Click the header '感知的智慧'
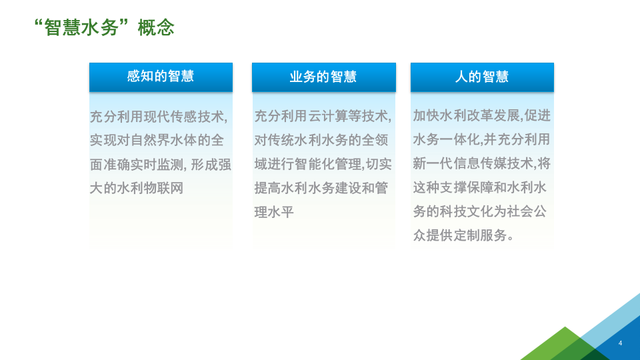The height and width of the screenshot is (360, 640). [x=161, y=76]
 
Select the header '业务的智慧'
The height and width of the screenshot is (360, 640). [x=323, y=77]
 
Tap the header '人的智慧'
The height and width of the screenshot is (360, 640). [x=482, y=77]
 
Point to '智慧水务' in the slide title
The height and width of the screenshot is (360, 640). [x=83, y=28]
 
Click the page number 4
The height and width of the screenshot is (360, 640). [x=620, y=343]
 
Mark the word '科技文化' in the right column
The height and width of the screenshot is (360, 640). [x=473, y=212]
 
